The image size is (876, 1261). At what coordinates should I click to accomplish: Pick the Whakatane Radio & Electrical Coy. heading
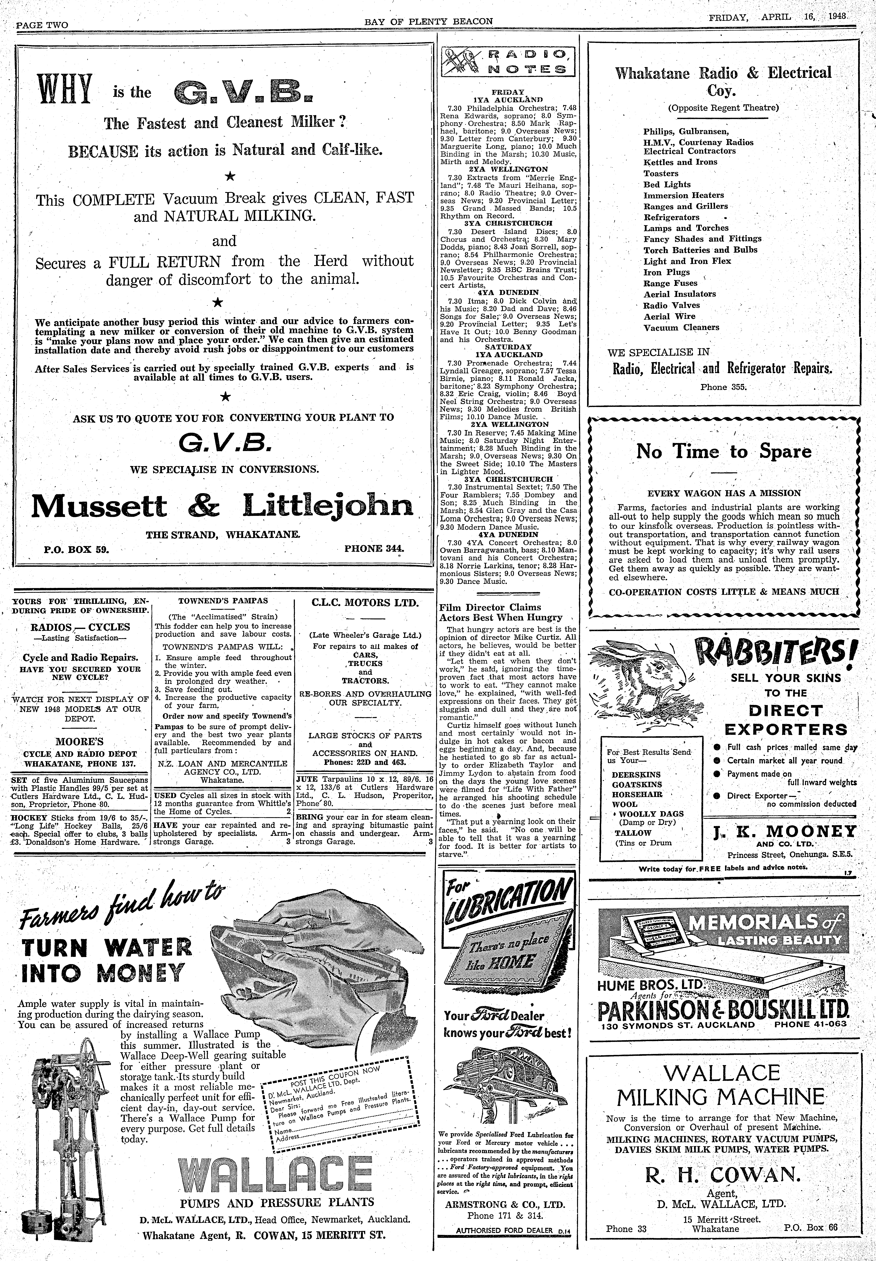click(x=723, y=81)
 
